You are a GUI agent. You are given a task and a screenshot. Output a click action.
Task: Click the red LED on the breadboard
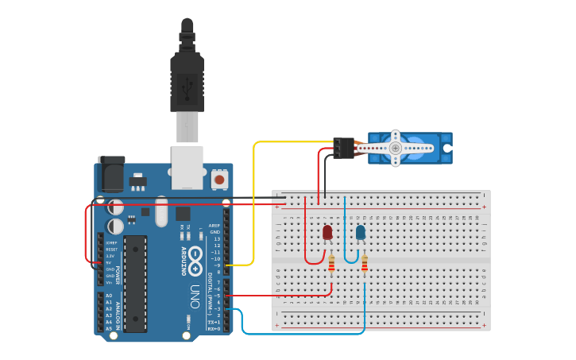tap(327, 232)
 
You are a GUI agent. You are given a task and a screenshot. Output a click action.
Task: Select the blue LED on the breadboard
tap(361, 232)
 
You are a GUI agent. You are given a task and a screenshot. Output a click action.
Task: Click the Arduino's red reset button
tap(219, 180)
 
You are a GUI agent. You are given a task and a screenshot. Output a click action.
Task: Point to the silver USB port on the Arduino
tap(187, 168)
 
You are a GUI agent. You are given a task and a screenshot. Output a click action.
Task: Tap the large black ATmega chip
tap(135, 283)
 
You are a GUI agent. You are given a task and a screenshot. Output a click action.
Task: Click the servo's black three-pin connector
tap(344, 148)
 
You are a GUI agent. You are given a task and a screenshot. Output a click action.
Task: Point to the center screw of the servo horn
tap(396, 148)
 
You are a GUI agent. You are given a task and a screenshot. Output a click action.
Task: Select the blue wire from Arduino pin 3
tap(302, 334)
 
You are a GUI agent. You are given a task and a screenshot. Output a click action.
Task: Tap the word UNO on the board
tap(194, 296)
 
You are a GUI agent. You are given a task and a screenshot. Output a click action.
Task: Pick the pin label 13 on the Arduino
tap(215, 238)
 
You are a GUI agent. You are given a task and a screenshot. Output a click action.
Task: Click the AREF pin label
tap(214, 226)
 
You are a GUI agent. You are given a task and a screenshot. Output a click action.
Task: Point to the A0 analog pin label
tap(109, 296)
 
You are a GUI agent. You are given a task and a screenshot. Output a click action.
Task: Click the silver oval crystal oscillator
tap(162, 212)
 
